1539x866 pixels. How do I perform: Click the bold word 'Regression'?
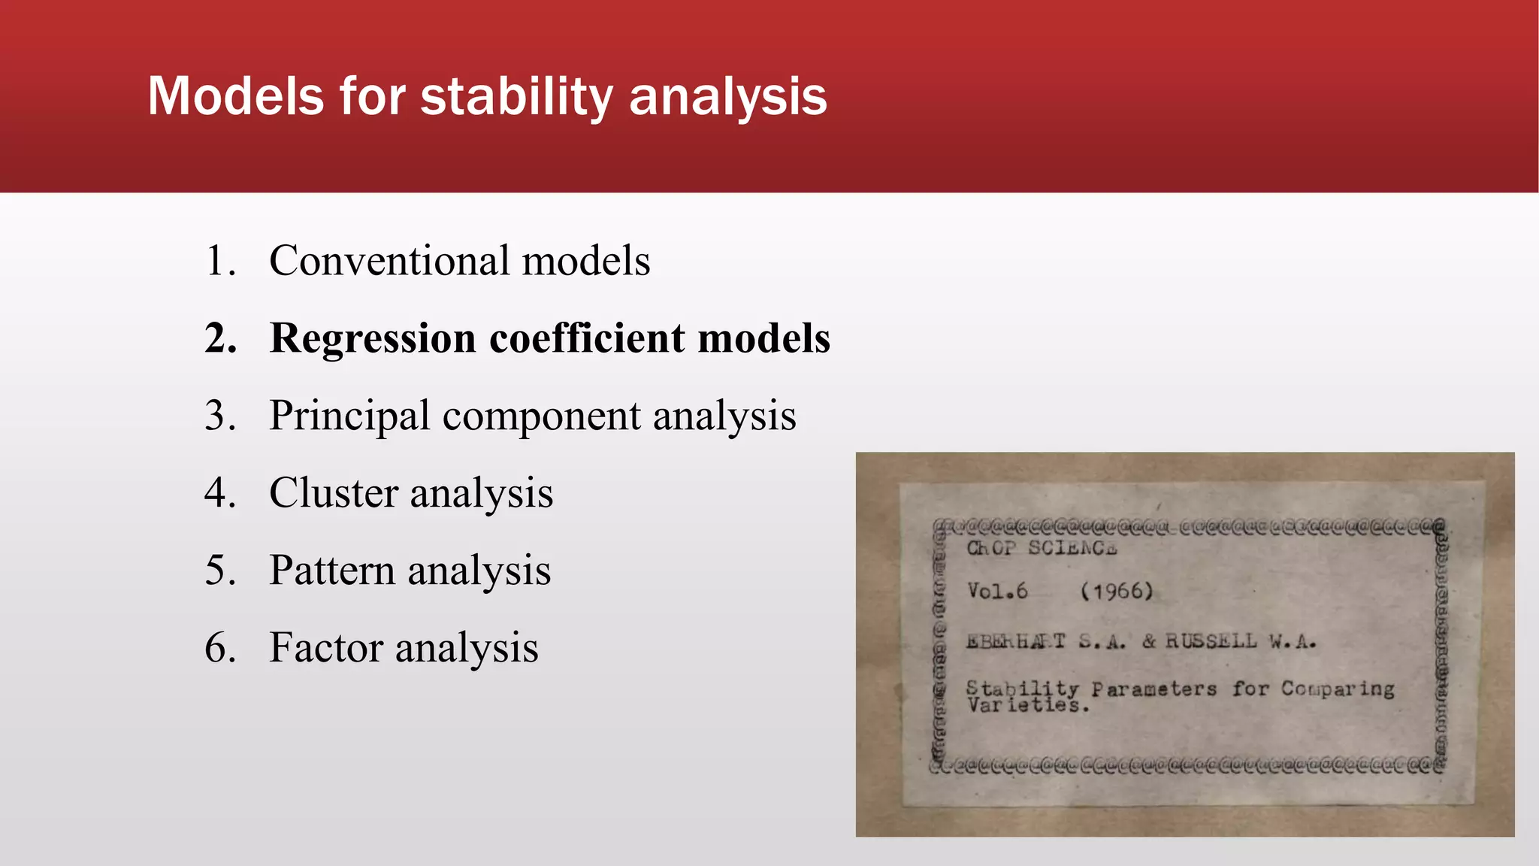click(x=373, y=338)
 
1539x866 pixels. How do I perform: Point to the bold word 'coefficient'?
click(x=587, y=338)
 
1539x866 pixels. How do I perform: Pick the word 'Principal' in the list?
click(x=349, y=416)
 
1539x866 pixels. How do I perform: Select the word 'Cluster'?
click(x=334, y=493)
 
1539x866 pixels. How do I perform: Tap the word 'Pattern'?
click(x=332, y=571)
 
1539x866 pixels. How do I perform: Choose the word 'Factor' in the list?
click(x=326, y=648)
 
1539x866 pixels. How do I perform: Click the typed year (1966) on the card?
click(x=1117, y=592)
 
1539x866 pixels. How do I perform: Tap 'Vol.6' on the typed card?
click(x=997, y=592)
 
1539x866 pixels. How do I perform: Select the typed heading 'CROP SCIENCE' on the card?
click(x=1042, y=548)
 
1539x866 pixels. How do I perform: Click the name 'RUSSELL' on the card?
click(x=1211, y=641)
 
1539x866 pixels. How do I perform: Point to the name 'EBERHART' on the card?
click(x=1016, y=641)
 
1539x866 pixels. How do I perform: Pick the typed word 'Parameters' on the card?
click(x=1153, y=689)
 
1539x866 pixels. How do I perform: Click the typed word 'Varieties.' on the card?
click(x=1027, y=706)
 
